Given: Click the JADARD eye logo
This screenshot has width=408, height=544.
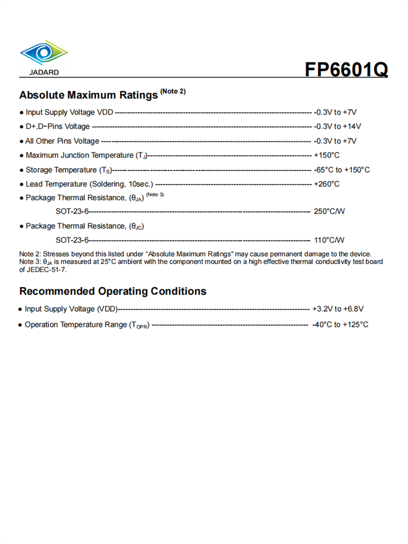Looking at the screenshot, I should [x=44, y=53].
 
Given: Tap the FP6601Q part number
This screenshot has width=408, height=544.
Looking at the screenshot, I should [x=346, y=70].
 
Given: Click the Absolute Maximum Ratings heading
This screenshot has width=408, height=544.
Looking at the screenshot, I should [x=88, y=95].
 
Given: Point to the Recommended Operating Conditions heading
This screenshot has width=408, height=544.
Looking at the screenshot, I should [x=113, y=291].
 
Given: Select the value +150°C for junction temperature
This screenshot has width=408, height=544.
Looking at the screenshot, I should [x=326, y=156].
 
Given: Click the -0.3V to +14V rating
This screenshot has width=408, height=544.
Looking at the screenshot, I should [x=337, y=127].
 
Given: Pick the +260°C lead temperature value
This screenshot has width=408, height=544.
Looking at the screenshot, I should [x=326, y=184].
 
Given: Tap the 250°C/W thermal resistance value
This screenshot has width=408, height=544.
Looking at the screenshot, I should [x=329, y=211].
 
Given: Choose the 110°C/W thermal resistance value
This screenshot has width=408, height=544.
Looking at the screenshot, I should [x=329, y=240].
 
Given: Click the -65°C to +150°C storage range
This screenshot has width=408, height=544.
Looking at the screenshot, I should [x=342, y=170].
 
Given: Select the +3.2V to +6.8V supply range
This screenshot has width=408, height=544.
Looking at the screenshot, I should [x=338, y=309].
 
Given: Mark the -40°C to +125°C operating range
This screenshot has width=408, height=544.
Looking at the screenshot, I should [x=340, y=325].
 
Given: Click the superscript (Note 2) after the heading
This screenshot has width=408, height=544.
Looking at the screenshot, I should [x=172, y=91].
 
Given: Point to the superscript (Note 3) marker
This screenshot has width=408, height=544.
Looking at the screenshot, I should [x=155, y=195].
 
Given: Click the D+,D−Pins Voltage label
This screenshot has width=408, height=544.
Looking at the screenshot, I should [x=58, y=127].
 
